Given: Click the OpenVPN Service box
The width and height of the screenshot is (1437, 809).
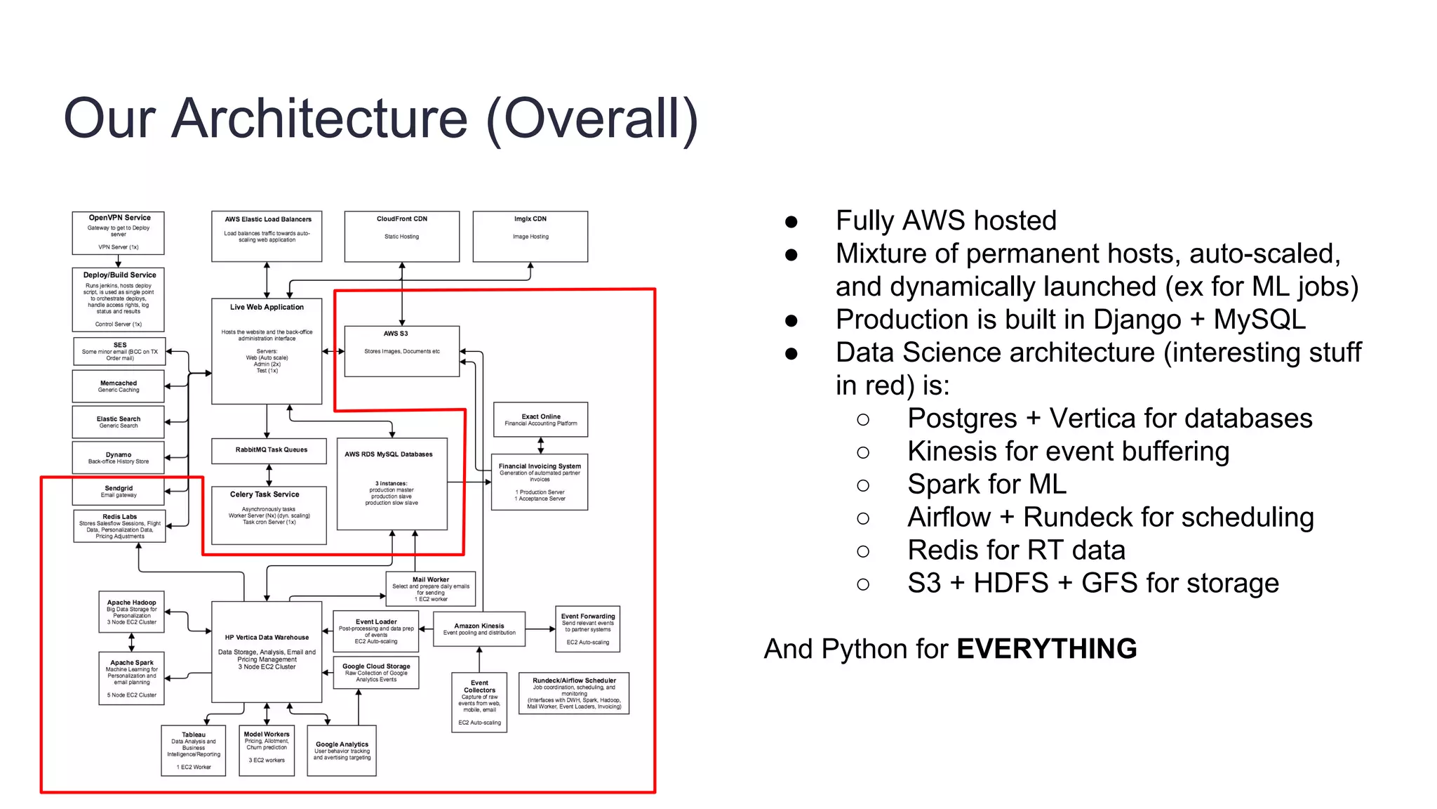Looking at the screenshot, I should (x=118, y=232).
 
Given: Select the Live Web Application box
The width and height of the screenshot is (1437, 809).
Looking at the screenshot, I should (x=267, y=350).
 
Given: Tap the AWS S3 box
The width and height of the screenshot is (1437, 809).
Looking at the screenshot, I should (x=401, y=350).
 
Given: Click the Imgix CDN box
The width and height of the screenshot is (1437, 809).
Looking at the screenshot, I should (x=530, y=236).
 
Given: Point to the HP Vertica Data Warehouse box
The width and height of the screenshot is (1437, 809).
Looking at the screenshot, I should (x=267, y=651).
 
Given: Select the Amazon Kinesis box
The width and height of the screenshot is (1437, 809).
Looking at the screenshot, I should (x=479, y=629).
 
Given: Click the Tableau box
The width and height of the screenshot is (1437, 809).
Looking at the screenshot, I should (x=194, y=750).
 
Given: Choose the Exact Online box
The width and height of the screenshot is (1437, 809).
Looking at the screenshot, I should (x=540, y=419).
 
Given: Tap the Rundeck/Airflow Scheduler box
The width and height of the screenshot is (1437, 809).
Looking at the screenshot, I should (x=574, y=693).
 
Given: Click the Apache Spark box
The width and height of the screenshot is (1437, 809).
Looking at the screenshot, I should (x=131, y=678).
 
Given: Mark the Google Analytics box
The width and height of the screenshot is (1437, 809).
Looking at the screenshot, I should (x=342, y=750).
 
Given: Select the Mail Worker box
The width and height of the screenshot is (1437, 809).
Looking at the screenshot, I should (x=431, y=588).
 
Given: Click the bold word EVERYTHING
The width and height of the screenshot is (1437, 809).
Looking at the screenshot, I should (x=1046, y=648).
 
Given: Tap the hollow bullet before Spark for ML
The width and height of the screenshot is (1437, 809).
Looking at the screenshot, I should (x=863, y=485).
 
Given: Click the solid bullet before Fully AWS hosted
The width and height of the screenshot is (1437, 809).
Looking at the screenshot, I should (x=791, y=222).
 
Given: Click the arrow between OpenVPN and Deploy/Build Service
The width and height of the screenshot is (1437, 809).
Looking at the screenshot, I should (x=118, y=261).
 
